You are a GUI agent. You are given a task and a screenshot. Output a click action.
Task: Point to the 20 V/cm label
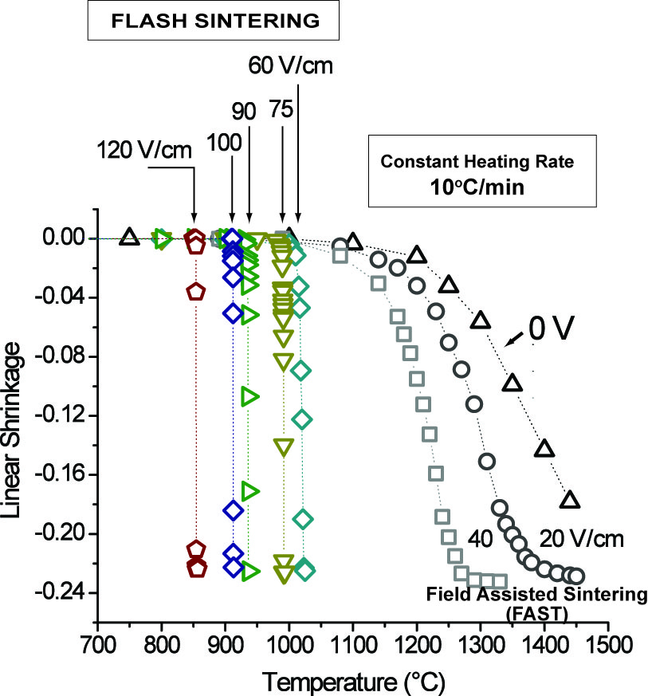(579, 540)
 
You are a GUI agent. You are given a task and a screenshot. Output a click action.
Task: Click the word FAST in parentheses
(504, 608)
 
